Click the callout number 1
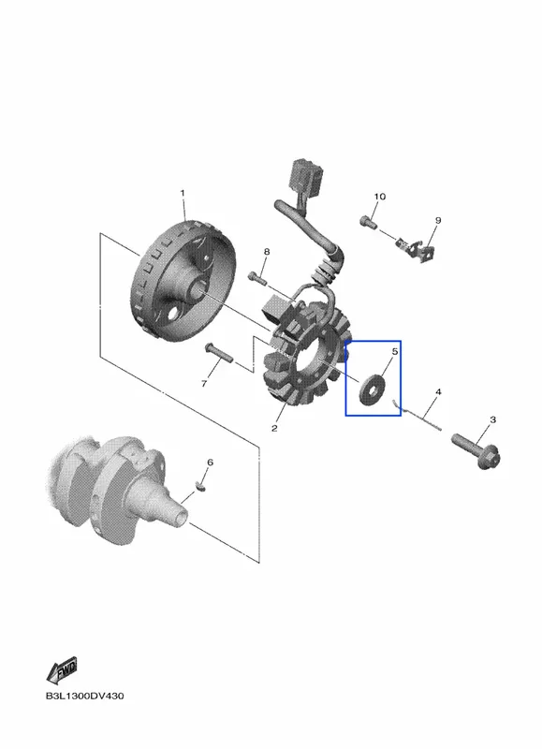(x=182, y=193)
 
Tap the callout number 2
(x=274, y=428)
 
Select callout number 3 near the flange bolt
(x=492, y=419)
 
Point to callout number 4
(x=438, y=392)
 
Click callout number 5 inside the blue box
(x=395, y=352)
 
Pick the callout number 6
(x=210, y=463)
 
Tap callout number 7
(x=204, y=383)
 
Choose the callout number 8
(x=267, y=252)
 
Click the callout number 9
(x=438, y=220)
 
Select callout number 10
(x=380, y=197)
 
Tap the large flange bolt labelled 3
(x=476, y=449)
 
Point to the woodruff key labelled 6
(x=200, y=486)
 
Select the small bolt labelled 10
(x=367, y=222)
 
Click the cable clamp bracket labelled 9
(x=416, y=248)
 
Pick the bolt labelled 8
(x=256, y=276)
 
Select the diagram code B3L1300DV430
(x=84, y=696)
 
